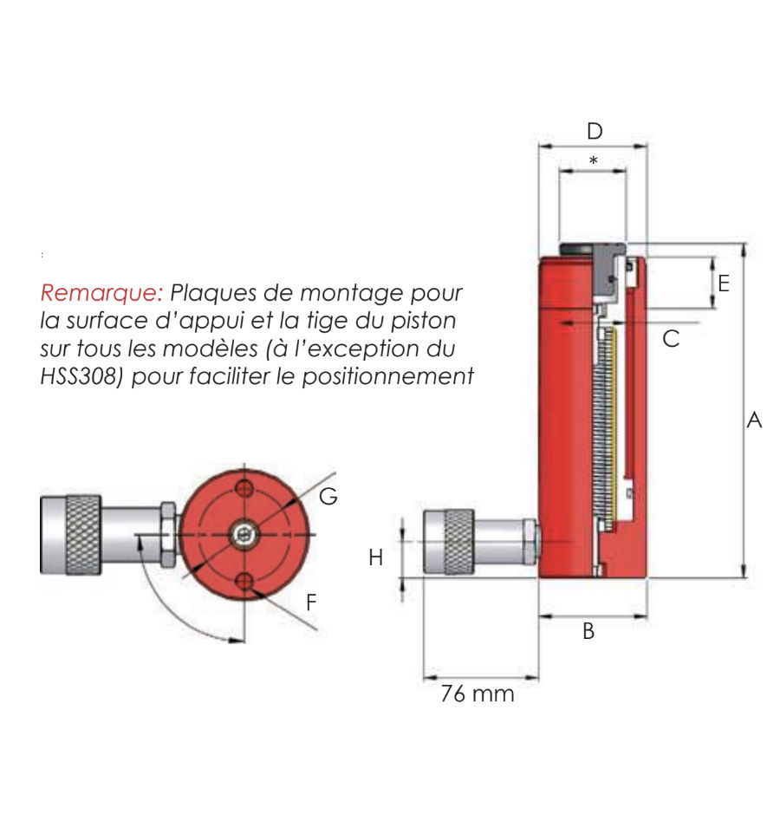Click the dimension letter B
click(x=588, y=631)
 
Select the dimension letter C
click(x=671, y=339)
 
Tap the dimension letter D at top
click(x=594, y=132)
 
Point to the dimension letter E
click(x=724, y=283)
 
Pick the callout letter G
click(x=328, y=497)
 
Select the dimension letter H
click(x=375, y=557)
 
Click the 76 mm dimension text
click(x=477, y=694)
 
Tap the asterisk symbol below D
click(x=593, y=161)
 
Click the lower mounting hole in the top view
click(x=245, y=582)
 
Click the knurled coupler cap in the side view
click(x=447, y=542)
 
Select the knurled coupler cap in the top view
click(x=71, y=535)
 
